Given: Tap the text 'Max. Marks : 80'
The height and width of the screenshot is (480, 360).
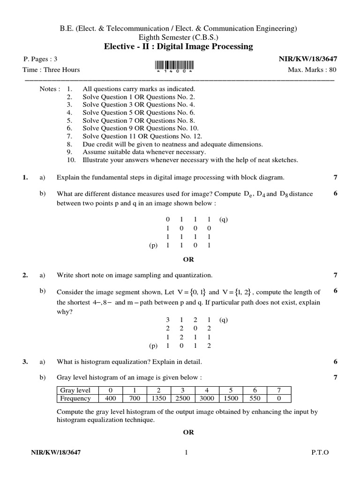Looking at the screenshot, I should click(312, 70).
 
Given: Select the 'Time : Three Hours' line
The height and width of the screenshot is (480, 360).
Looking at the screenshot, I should click(51, 70).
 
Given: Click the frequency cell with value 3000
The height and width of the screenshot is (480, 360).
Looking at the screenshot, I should click(207, 398).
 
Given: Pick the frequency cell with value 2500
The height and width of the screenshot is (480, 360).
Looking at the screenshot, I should click(182, 398).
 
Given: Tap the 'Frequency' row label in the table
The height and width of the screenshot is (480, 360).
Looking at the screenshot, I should click(75, 398).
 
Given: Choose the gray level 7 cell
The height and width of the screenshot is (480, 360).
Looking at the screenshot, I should click(279, 390).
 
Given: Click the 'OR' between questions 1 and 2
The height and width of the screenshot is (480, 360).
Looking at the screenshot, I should click(188, 259).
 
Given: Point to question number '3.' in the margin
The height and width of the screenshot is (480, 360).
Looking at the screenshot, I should click(25, 362).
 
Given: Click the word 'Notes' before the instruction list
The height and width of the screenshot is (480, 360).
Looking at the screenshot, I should click(50, 89).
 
